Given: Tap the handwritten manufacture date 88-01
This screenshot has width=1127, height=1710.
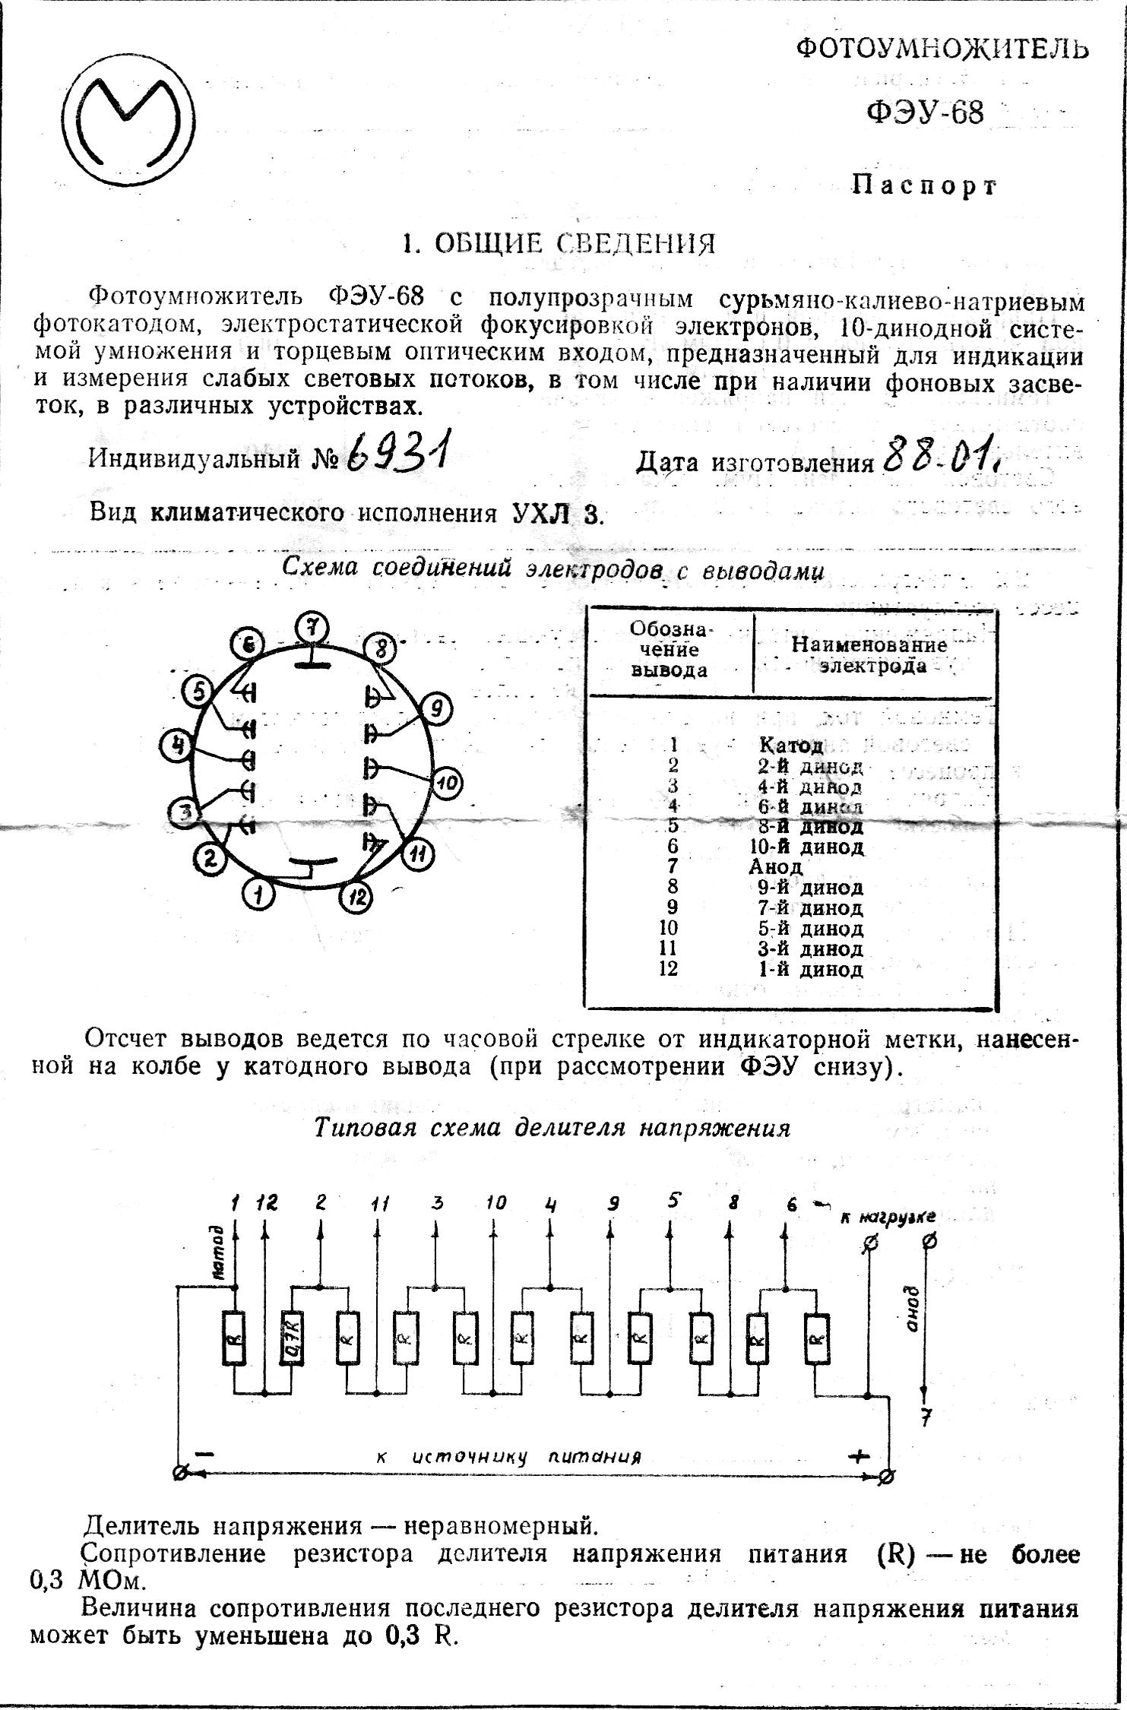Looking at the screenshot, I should coord(941,454).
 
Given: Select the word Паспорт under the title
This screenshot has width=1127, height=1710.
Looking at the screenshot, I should coord(924,185).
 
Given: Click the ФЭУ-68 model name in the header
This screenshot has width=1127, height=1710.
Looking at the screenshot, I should coord(926,112).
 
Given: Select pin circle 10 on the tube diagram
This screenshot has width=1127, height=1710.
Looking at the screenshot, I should coord(448,783).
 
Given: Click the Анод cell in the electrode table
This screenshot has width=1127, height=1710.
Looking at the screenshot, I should coord(775,866).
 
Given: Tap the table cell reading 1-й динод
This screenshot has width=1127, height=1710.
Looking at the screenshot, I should coord(811,969).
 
